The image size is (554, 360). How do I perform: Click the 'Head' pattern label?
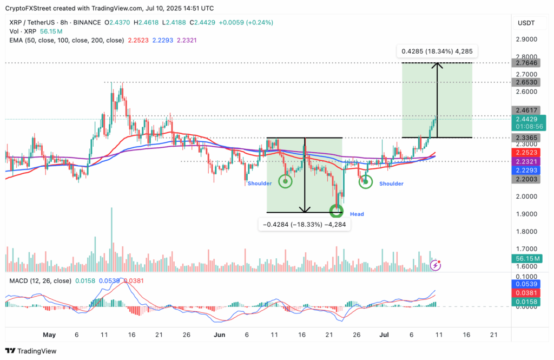357,214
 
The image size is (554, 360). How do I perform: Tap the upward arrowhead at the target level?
437,66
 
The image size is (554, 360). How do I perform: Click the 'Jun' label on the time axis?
220,335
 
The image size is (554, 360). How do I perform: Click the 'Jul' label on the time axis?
382,335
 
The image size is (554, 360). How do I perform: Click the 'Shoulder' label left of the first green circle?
260,184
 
